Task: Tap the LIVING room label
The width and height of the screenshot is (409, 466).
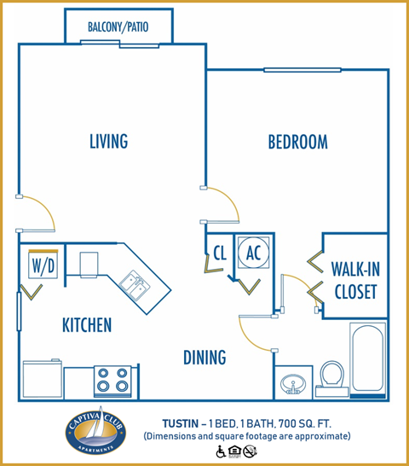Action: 108,142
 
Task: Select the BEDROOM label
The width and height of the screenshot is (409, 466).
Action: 297,143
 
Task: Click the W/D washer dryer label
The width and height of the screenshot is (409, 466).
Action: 43,265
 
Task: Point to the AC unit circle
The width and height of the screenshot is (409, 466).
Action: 253,252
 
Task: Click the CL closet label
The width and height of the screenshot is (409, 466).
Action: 218,253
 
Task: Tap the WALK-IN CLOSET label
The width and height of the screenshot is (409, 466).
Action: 354,281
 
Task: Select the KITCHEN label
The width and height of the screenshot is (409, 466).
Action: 86,325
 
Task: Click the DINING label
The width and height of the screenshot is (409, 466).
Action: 204,357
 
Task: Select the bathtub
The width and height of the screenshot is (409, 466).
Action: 368,360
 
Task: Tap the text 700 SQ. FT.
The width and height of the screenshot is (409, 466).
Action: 316,422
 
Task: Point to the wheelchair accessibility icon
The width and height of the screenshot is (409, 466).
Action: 221,451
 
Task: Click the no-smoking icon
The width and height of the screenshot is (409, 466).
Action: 249,451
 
